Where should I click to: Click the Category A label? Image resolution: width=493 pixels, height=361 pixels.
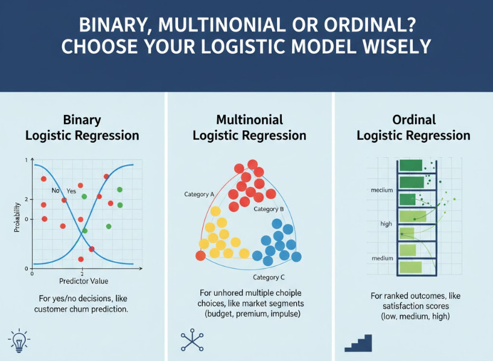pos(199,194)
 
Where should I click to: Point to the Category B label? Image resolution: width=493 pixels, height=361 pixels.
pos(269,209)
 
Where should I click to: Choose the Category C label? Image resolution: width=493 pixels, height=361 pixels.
pos(269,278)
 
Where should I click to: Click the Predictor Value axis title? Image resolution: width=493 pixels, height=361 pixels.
pos(83,281)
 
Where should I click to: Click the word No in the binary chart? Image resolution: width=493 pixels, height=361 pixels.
pos(56,191)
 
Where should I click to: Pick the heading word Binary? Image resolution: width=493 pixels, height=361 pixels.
pos(82,120)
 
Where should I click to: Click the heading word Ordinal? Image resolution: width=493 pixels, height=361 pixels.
pos(413,120)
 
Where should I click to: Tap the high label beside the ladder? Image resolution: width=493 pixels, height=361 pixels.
pos(386,224)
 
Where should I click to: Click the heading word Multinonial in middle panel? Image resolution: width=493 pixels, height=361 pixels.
pos(249,120)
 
